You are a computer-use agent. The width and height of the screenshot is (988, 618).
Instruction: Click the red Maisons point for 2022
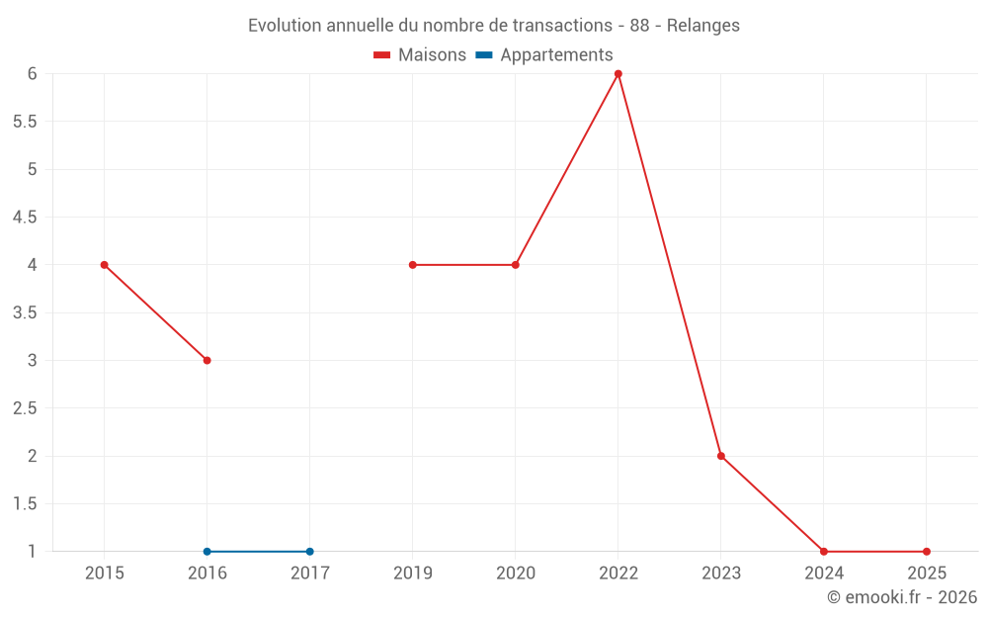coord(617,73)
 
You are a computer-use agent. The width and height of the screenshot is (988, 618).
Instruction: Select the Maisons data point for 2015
coord(104,265)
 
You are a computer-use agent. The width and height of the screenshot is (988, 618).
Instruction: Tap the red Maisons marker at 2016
coord(206,360)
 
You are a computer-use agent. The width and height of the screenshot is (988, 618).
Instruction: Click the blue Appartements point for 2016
coord(206,552)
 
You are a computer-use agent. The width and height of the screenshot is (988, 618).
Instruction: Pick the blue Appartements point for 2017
coord(309,552)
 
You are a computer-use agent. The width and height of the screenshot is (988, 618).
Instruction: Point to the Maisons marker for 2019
coord(412,265)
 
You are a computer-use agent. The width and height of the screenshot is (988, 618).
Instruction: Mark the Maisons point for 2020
coord(515,265)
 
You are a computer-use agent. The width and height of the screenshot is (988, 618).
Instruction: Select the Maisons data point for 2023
coord(720,456)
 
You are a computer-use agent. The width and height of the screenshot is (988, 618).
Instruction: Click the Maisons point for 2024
coord(823,552)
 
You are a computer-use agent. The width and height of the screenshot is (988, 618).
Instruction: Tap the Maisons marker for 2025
coord(926,552)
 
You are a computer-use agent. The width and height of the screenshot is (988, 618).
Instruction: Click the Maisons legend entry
coord(420,55)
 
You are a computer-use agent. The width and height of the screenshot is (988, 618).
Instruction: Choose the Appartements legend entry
coord(544,55)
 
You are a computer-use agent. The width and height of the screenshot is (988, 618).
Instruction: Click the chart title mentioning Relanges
coord(494,26)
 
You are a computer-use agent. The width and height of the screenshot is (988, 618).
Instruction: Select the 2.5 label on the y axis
coord(25,408)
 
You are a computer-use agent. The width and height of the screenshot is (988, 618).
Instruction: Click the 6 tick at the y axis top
coord(32,73)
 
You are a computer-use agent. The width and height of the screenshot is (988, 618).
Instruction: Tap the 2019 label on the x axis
coord(412,573)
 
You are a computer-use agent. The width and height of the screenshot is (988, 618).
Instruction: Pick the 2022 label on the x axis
coord(617,573)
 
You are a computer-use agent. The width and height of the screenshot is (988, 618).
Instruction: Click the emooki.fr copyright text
coord(901,597)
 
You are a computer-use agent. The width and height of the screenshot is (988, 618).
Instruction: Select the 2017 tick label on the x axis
coord(309,573)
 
